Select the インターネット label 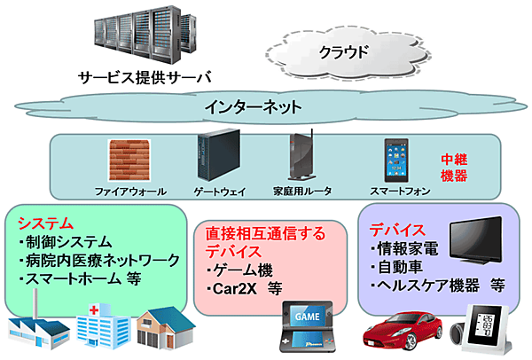point(254,107)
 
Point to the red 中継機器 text point(455,168)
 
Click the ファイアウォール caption point(130,192)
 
